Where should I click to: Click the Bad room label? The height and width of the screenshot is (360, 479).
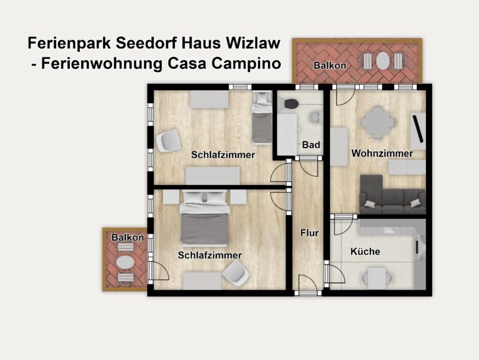pos(311,145)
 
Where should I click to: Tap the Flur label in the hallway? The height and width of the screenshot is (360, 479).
pos(310,233)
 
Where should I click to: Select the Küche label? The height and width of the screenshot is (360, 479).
pos(365,251)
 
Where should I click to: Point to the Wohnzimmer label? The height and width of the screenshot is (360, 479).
pos(382,153)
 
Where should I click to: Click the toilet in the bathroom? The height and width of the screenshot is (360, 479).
pos(290,103)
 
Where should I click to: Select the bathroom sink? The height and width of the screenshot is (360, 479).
pos(316,117)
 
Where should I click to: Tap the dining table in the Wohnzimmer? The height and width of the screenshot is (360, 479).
pos(378,123)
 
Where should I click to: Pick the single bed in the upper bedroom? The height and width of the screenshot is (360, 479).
pos(262,117)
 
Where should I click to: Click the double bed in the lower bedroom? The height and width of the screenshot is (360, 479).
pos(204,217)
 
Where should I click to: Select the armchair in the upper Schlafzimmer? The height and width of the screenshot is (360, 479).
pos(168,140)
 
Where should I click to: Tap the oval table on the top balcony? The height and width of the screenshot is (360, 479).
pos(382,61)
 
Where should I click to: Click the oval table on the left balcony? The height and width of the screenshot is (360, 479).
pos(125,262)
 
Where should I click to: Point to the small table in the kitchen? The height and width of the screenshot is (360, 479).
pos(377,278)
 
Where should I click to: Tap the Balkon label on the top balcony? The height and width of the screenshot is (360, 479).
pos(330,65)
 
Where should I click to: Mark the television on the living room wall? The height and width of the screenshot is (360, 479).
pos(418,129)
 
